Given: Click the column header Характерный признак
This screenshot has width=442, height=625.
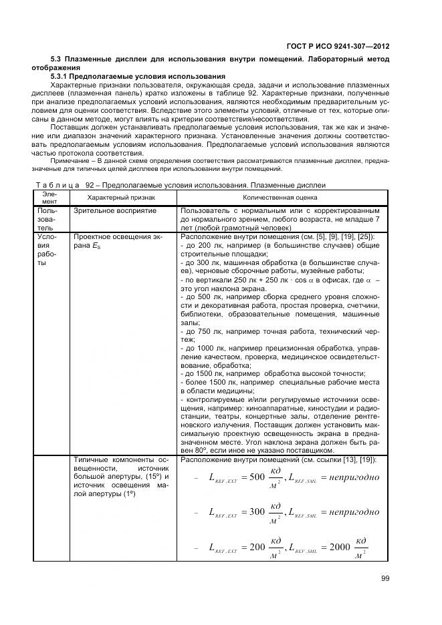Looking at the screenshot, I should [x=121, y=198].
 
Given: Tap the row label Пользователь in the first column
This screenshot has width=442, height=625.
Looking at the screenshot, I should [x=48, y=218].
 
